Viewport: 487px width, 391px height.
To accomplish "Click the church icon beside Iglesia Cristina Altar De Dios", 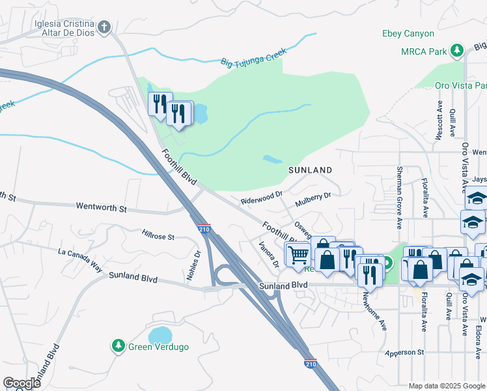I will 104,27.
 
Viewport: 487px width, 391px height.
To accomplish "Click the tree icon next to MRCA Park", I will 457,50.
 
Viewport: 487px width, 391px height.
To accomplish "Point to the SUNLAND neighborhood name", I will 311,170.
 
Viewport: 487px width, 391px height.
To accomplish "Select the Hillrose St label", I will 158,233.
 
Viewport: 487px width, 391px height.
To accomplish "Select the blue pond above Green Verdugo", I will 160,336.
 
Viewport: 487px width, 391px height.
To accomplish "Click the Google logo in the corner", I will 21,383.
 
